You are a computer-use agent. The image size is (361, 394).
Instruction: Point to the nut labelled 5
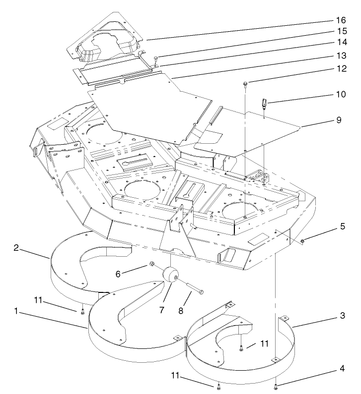click(302, 241)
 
